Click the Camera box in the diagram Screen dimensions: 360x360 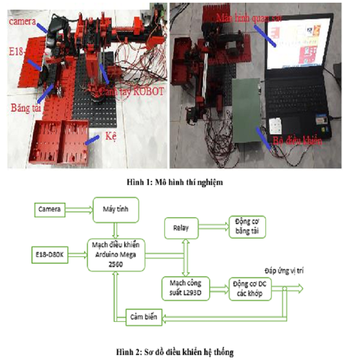click(x=50, y=209)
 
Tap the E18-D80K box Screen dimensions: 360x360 click(x=50, y=255)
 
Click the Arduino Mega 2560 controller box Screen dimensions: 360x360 click(x=116, y=255)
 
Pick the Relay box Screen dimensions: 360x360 click(x=181, y=229)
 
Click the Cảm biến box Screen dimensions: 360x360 click(x=144, y=317)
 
